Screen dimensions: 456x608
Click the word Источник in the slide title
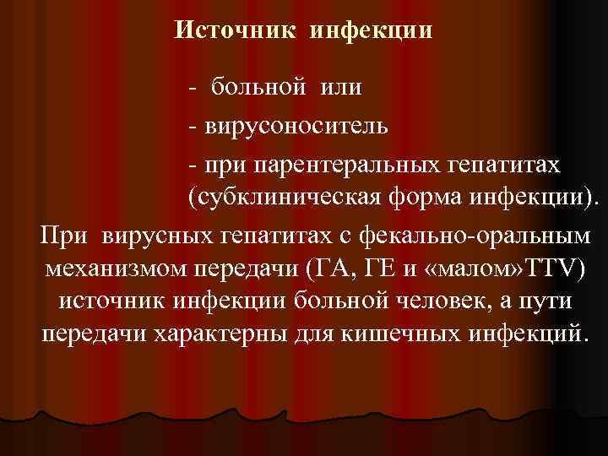(x=236, y=30)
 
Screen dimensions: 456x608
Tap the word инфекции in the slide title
(x=372, y=30)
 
